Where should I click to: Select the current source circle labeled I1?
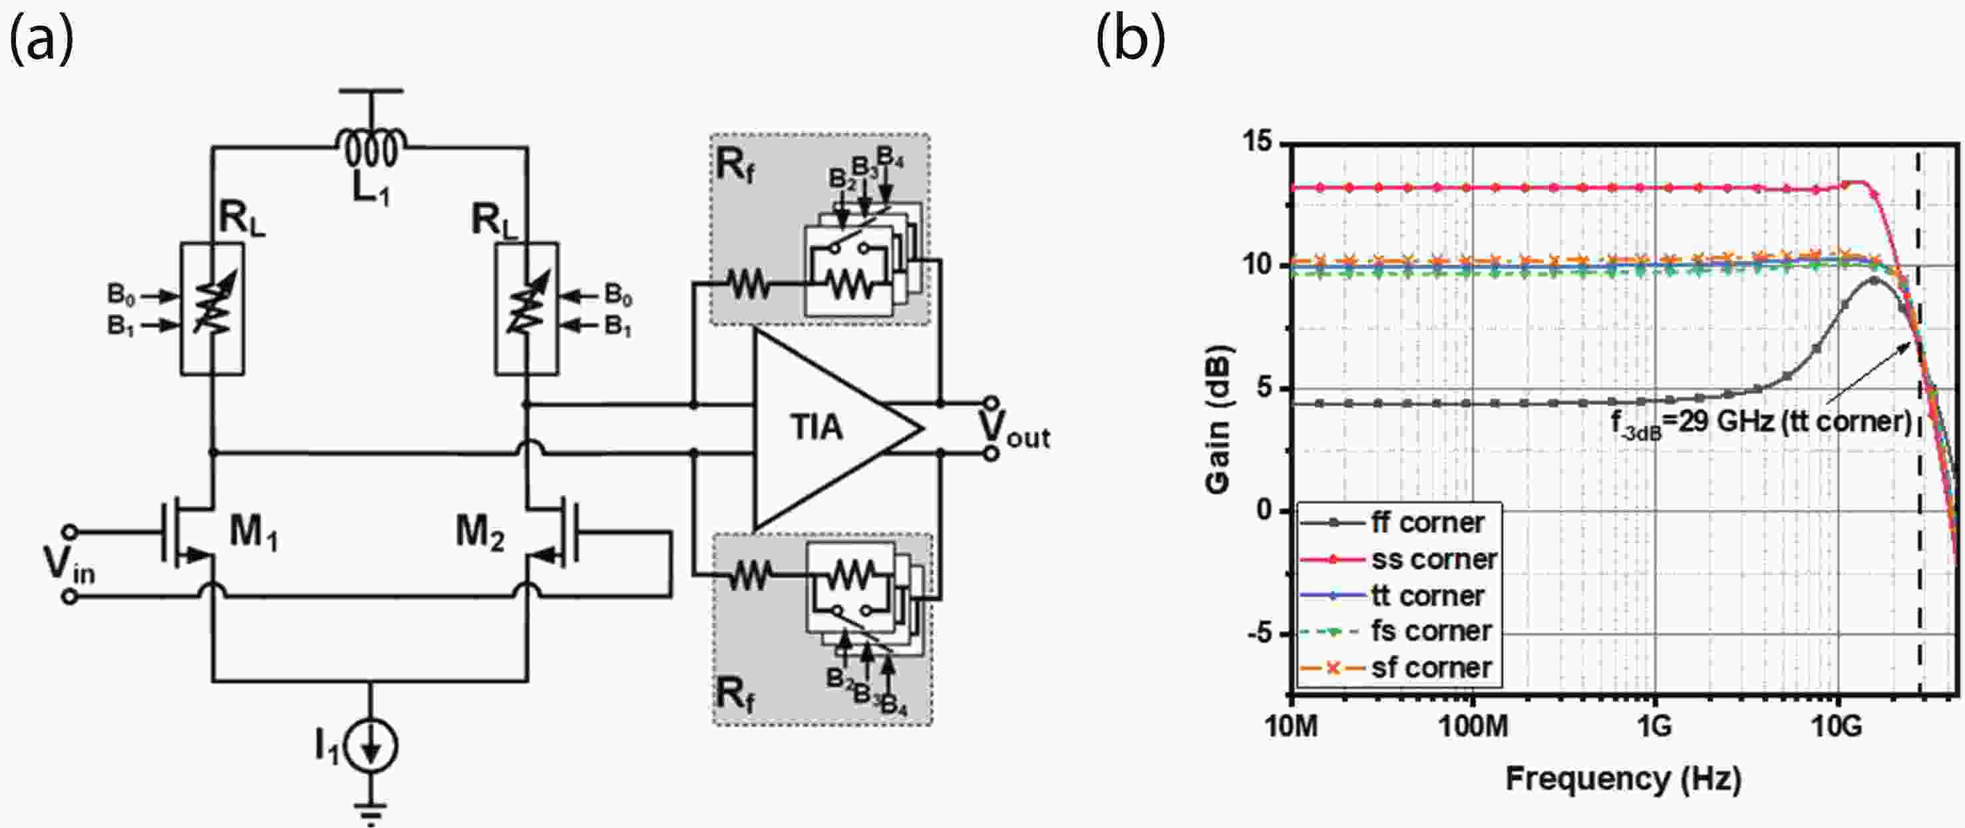(371, 745)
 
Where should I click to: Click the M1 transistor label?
(254, 531)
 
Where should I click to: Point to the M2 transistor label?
(480, 531)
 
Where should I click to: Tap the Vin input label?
(69, 564)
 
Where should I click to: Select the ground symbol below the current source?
(371, 811)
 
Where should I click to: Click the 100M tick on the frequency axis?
(1473, 725)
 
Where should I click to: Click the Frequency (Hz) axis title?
(1623, 779)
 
